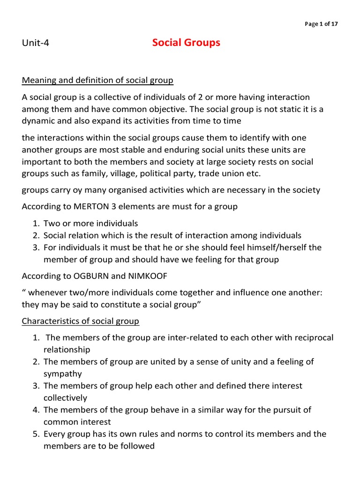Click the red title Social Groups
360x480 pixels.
tap(186, 43)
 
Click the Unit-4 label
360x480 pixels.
tap(36, 44)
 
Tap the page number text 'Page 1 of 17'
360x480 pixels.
tap(321, 24)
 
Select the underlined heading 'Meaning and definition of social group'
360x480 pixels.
tap(97, 81)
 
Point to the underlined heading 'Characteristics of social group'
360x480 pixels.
tap(81, 322)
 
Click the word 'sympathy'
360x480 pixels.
tap(63, 374)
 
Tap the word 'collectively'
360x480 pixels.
tap(66, 398)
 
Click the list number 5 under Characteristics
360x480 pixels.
tap(36, 434)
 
